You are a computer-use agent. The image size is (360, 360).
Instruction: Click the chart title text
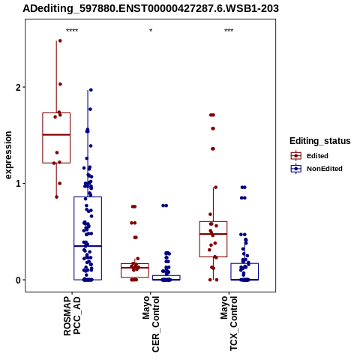tap(151, 9)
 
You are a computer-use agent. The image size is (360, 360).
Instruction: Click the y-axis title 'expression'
tap(8, 155)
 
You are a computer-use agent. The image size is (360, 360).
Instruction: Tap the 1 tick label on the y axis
tap(18, 184)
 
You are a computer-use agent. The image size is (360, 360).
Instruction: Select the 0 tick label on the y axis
tap(18, 280)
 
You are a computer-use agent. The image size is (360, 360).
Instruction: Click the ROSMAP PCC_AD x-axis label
tap(72, 316)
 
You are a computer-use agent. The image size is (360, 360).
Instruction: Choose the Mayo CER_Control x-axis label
tap(151, 324)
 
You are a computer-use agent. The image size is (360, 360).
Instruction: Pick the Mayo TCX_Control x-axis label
tap(229, 323)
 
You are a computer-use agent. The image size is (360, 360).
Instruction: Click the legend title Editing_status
tap(320, 141)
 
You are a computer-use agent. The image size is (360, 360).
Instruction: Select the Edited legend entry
tap(310, 156)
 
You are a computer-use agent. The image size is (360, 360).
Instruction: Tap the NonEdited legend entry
tap(316, 169)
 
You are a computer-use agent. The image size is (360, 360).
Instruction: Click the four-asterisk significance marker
tap(72, 31)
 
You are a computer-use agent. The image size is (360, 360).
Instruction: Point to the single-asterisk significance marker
tap(151, 31)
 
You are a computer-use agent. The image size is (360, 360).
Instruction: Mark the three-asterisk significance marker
tap(229, 31)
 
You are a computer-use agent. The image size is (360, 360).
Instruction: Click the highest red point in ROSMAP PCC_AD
tap(60, 40)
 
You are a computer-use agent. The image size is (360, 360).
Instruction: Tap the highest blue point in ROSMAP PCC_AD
tap(91, 90)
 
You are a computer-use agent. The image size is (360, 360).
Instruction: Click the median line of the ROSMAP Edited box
tap(56, 135)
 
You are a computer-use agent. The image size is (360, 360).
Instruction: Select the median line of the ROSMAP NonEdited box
tap(88, 246)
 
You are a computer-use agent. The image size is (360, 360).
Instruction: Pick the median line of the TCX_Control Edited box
tap(213, 234)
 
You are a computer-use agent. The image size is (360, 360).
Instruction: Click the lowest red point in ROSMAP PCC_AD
tap(57, 197)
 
